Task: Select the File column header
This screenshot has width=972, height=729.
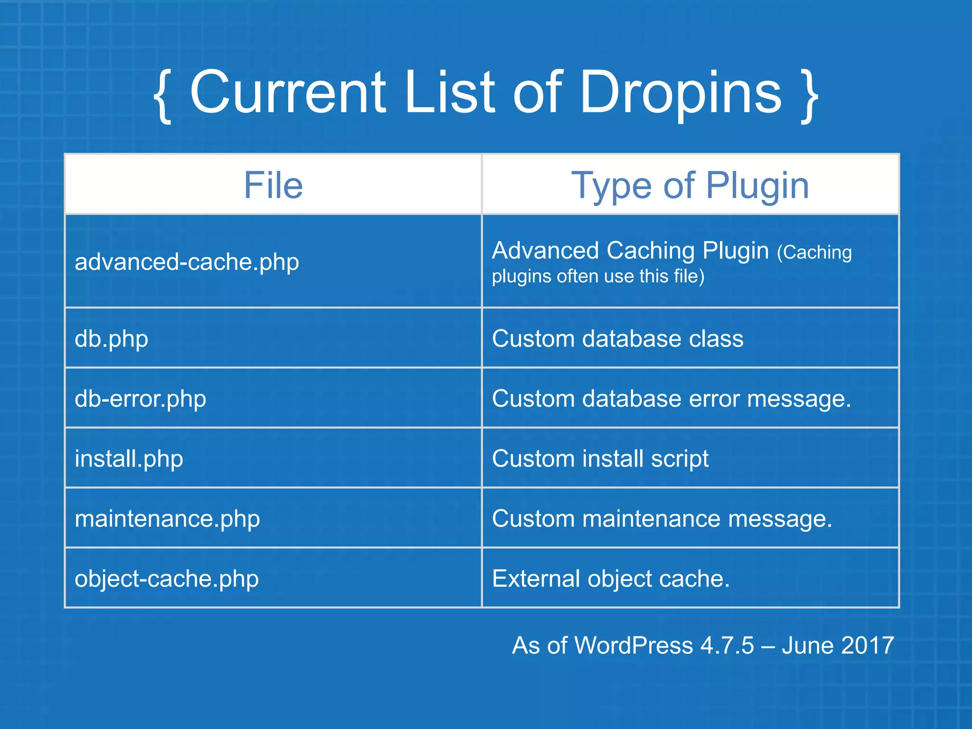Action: (x=273, y=185)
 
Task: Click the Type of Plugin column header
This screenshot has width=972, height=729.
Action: (x=690, y=185)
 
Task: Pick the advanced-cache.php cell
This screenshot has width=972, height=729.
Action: (x=187, y=262)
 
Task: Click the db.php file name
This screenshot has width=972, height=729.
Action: (x=112, y=339)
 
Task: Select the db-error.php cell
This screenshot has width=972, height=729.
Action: (x=140, y=399)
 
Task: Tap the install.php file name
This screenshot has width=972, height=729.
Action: (x=129, y=459)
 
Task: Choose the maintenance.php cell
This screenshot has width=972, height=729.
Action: (x=168, y=519)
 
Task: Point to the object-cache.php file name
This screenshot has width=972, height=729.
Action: (x=167, y=579)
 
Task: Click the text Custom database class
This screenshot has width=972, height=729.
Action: (x=617, y=339)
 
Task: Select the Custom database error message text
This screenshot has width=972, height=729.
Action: (x=672, y=399)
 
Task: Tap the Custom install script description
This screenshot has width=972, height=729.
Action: (x=600, y=459)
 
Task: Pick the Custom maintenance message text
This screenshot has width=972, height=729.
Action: (x=662, y=519)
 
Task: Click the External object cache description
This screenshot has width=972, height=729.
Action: (x=611, y=579)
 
